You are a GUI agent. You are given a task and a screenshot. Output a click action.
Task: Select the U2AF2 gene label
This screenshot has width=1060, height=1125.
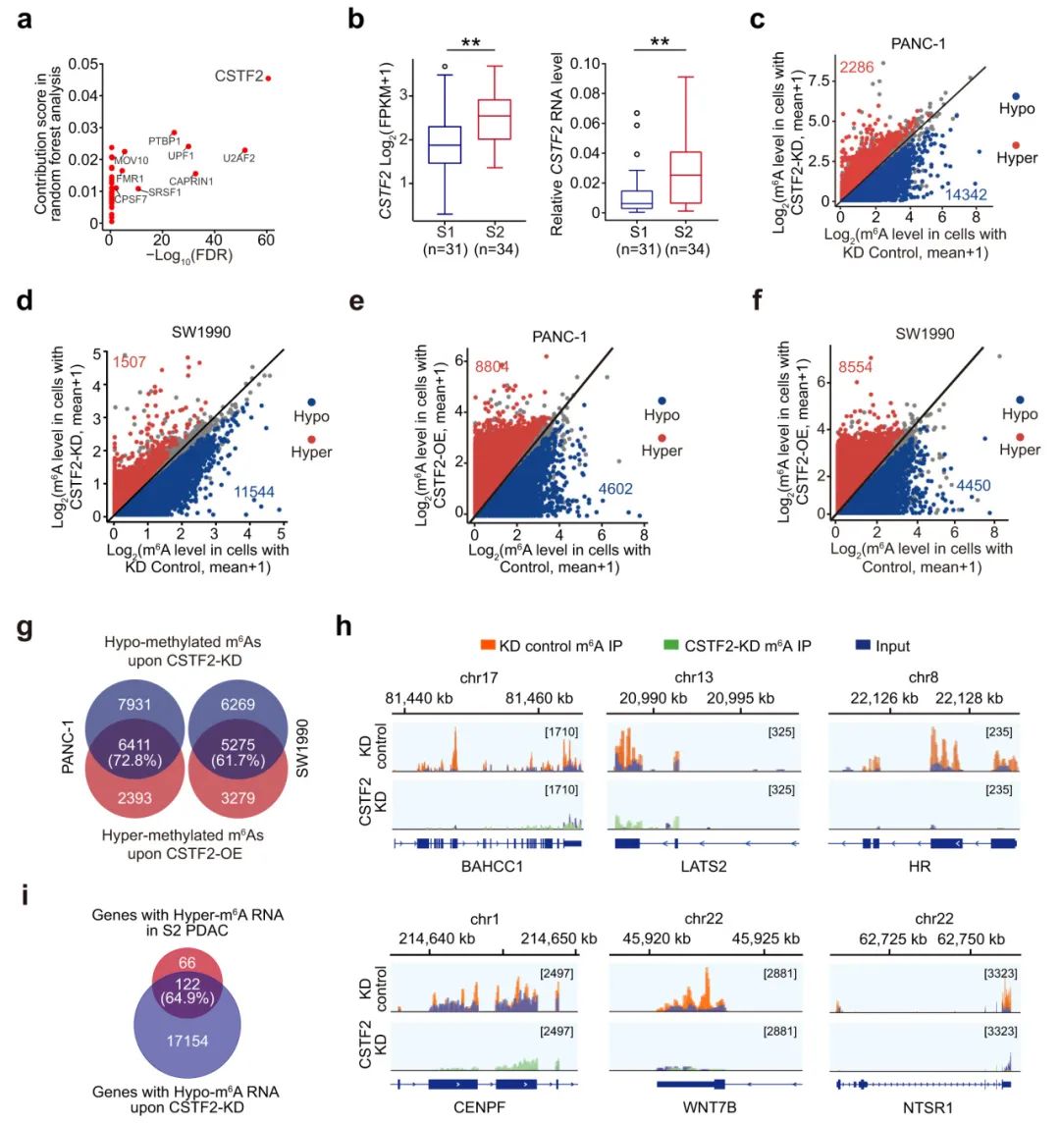[239, 158]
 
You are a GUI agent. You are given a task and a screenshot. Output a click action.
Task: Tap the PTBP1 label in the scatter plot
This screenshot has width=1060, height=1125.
[165, 141]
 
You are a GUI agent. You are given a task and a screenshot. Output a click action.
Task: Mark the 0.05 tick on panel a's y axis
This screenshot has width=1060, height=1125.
[87, 64]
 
